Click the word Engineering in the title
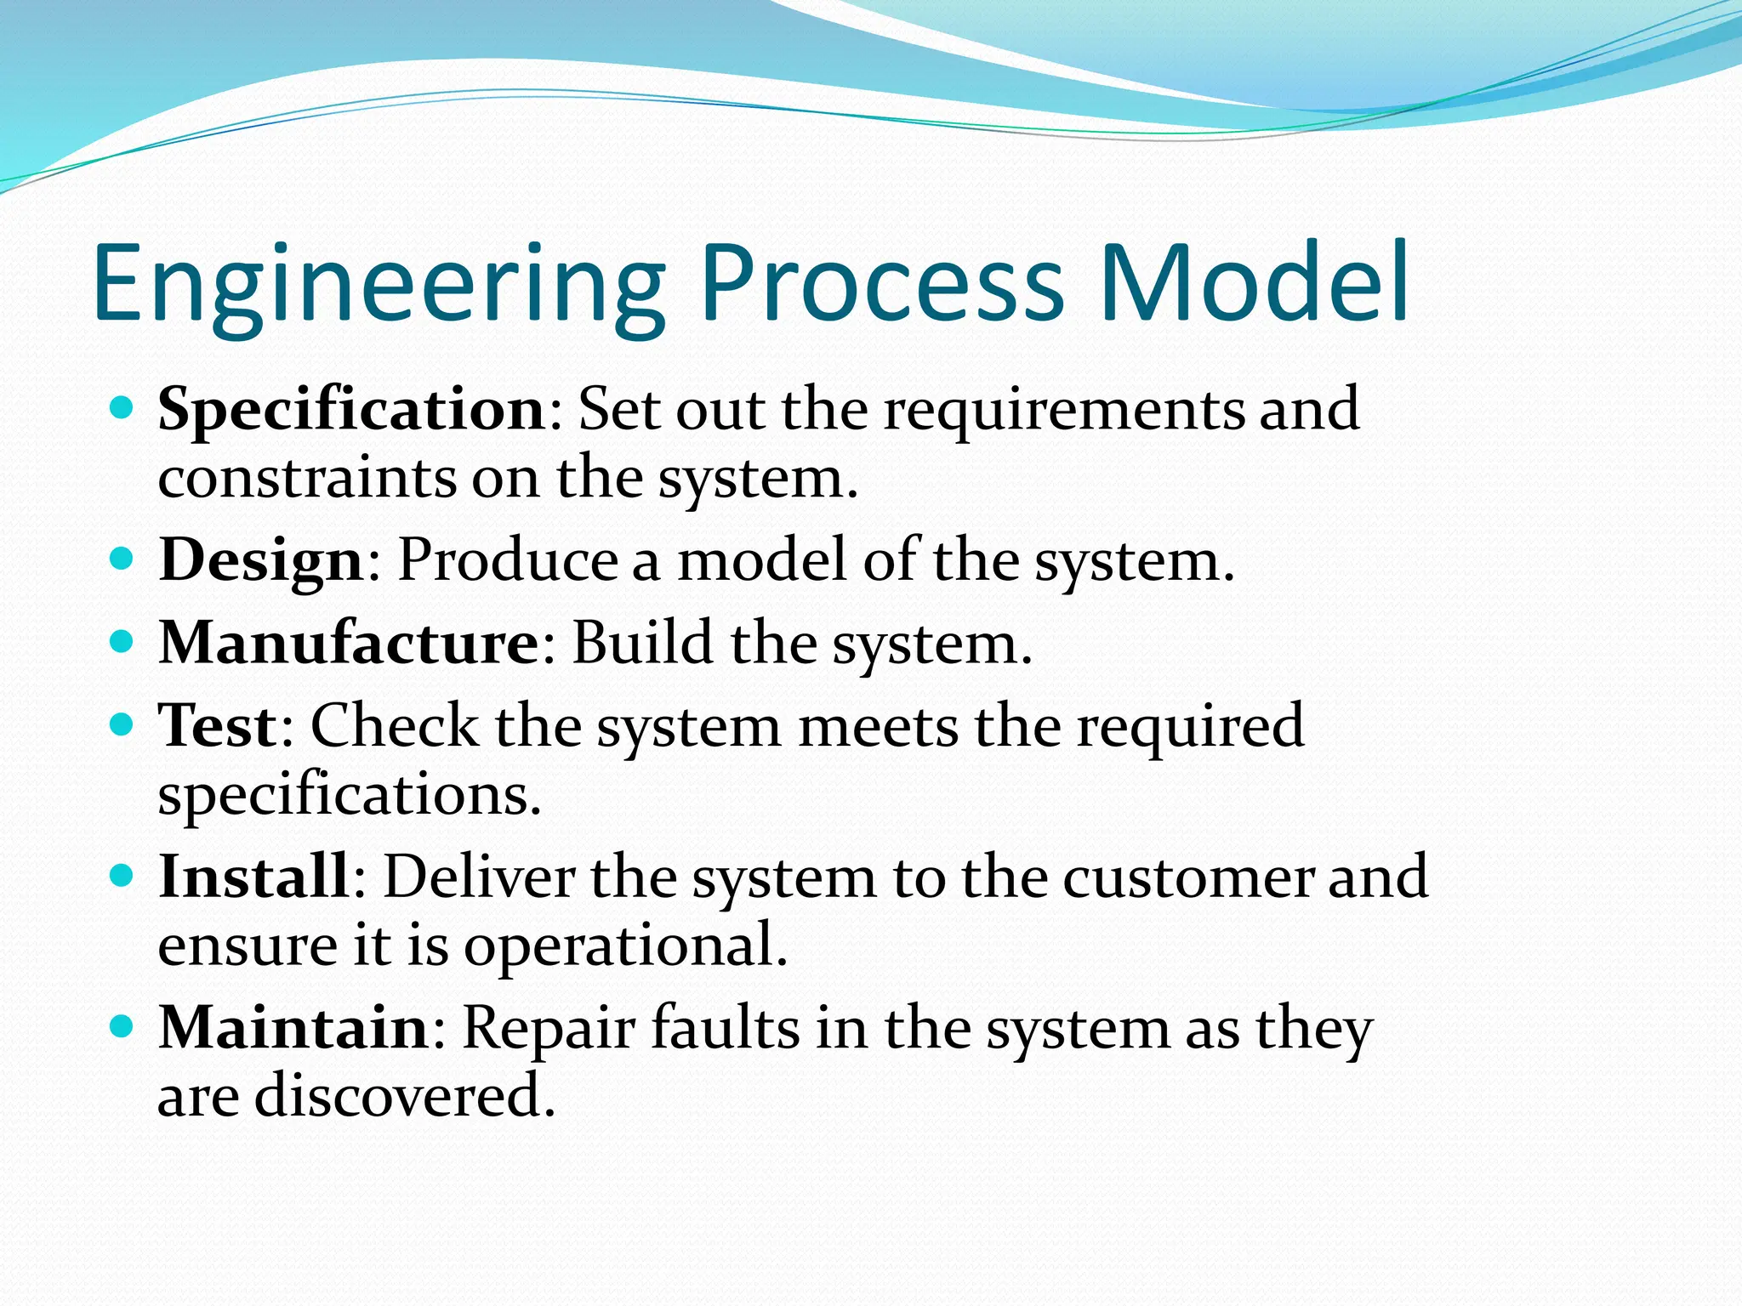[379, 285]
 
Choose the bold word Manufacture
[349, 644]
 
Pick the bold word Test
[219, 727]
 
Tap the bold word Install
[253, 877]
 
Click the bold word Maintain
[294, 1029]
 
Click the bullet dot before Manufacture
[122, 641]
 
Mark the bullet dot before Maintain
[122, 1026]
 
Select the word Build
[642, 644]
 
